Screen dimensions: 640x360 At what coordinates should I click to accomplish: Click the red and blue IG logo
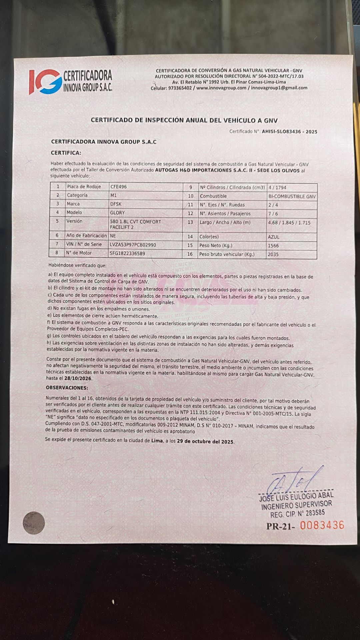(45, 82)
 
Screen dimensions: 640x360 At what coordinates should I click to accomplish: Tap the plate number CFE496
(118, 187)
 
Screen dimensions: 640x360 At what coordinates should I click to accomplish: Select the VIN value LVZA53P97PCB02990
(133, 245)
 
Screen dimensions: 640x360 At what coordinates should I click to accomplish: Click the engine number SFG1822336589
(127, 253)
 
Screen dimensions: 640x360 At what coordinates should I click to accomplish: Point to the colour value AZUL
(273, 237)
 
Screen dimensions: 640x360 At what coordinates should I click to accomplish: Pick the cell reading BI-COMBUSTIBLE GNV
(292, 196)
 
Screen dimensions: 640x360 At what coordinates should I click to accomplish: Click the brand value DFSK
(116, 204)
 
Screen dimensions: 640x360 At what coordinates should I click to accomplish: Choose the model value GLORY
(117, 212)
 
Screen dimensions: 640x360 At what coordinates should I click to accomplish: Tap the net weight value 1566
(273, 246)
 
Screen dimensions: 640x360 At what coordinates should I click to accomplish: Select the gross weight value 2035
(273, 254)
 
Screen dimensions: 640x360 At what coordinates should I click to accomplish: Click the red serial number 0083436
(322, 525)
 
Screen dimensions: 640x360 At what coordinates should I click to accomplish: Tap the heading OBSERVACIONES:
(67, 388)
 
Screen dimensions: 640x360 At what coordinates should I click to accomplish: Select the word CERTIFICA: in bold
(66, 153)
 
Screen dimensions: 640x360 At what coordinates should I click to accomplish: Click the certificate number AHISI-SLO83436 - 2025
(289, 132)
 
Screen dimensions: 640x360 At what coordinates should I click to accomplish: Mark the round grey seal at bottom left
(34, 522)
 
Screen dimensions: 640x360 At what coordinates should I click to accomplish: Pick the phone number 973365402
(180, 88)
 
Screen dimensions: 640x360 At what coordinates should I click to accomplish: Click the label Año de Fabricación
(86, 235)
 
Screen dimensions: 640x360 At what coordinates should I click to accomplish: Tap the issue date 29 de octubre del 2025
(205, 441)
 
